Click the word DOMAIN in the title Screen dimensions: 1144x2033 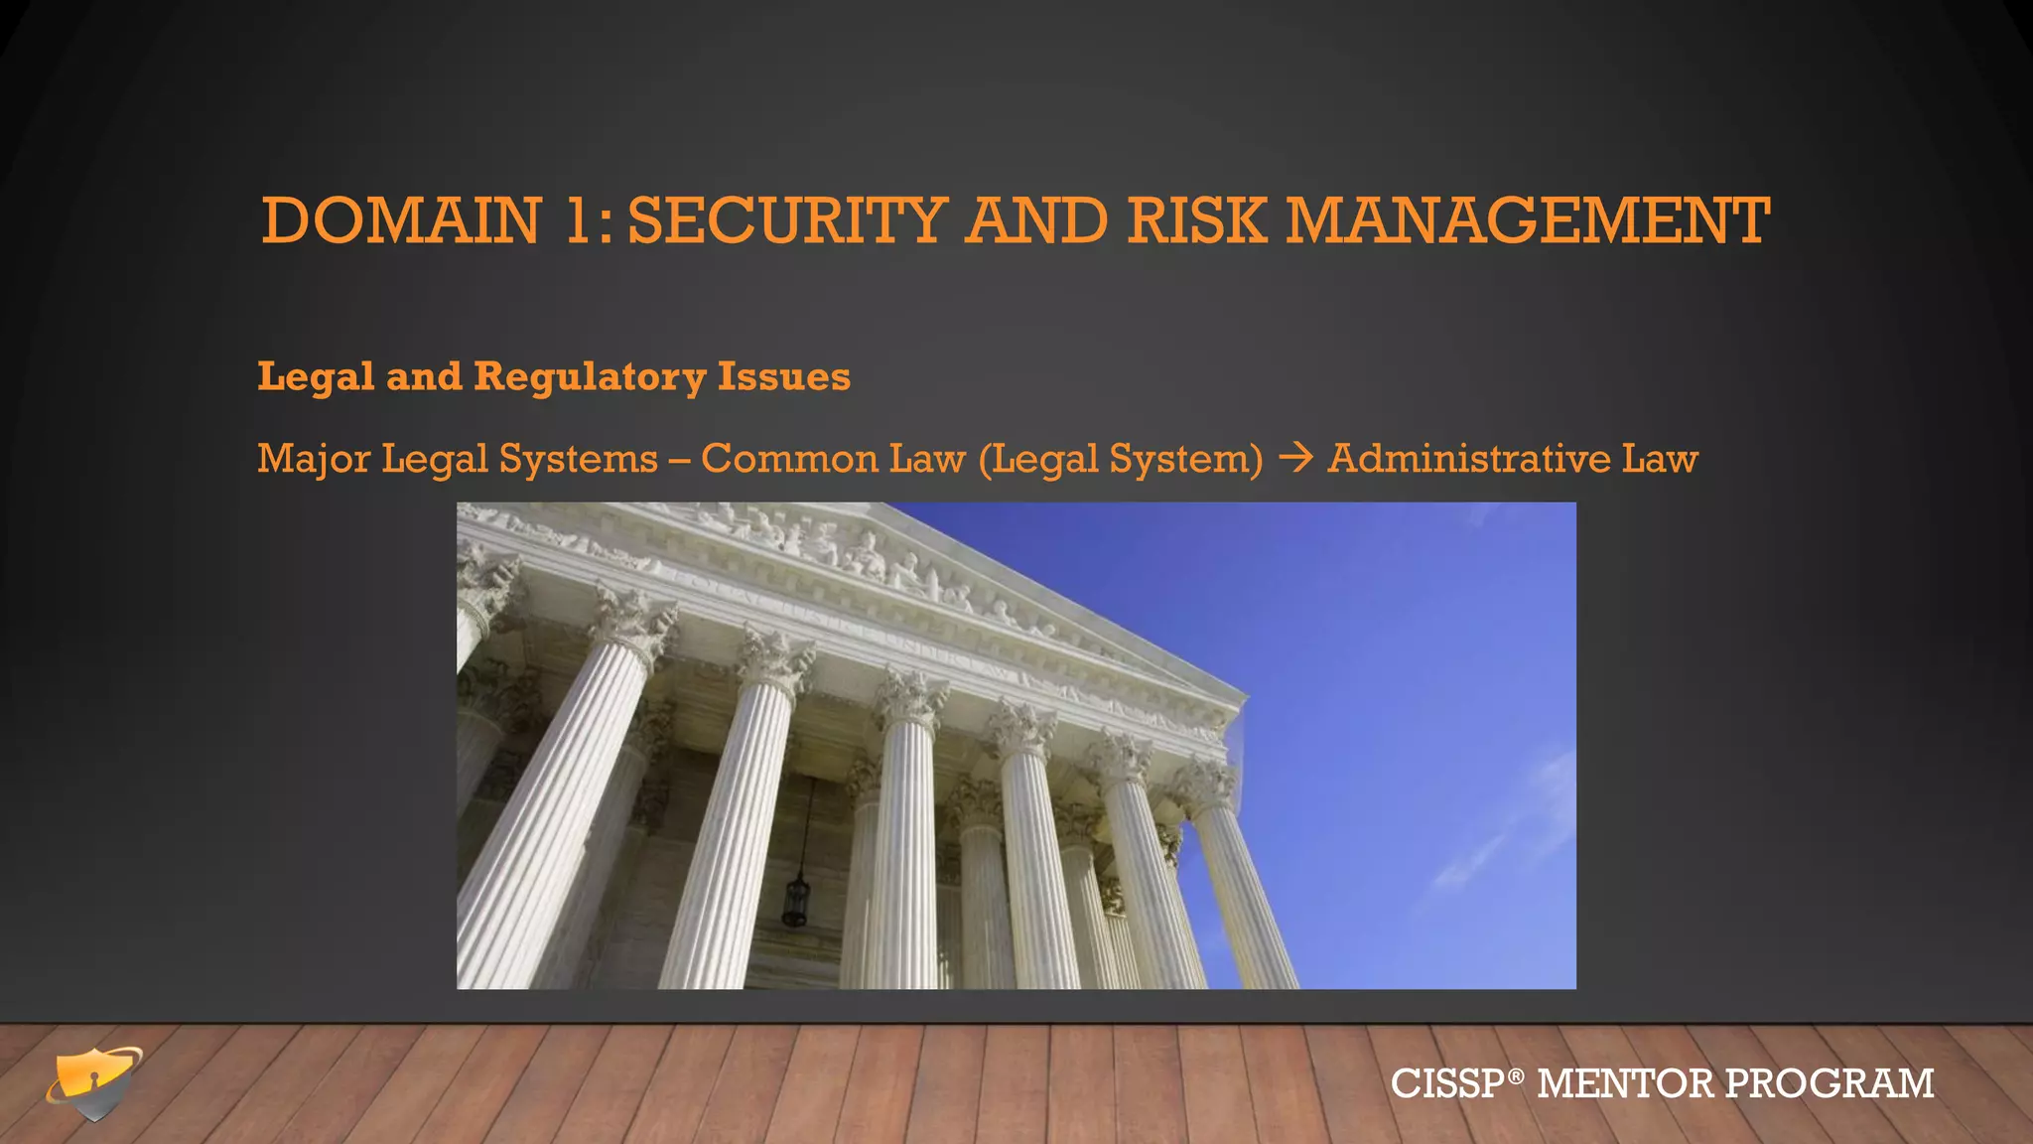click(x=401, y=220)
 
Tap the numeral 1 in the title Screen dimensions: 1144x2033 click(x=578, y=220)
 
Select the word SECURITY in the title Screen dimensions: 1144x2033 click(x=786, y=220)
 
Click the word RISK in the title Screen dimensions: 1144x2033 click(x=1197, y=220)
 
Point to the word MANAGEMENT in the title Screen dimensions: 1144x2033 click(x=1528, y=220)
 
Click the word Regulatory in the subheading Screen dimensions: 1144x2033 click(x=590, y=377)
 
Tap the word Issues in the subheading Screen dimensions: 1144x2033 click(x=784, y=377)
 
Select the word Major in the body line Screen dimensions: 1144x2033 click(x=314, y=459)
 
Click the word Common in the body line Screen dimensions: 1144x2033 click(x=788, y=459)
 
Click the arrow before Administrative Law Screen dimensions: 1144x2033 click(x=1295, y=458)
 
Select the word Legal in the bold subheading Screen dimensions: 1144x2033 click(x=316, y=377)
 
